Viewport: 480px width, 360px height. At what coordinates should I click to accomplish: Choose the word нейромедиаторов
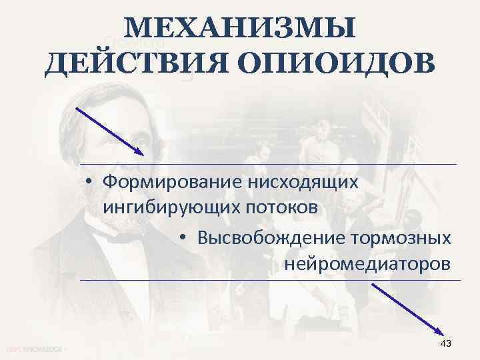coord(367,264)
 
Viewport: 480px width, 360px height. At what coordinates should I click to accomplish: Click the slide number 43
coord(446,343)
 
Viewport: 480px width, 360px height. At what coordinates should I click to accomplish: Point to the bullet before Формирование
coord(88,182)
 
